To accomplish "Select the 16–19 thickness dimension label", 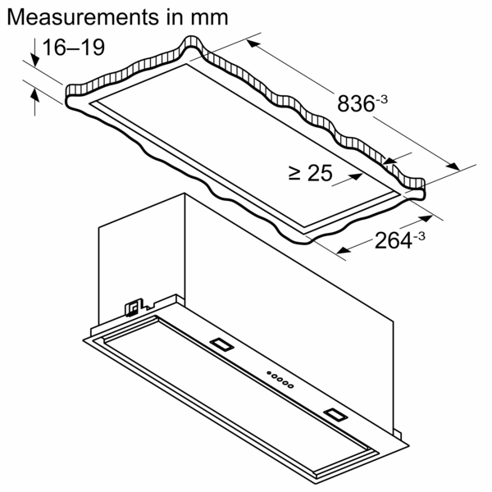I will tap(74, 48).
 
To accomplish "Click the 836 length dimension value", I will tap(354, 104).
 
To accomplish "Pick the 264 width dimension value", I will tap(395, 240).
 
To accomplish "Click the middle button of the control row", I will tap(280, 380).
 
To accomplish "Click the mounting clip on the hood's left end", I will tap(130, 307).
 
